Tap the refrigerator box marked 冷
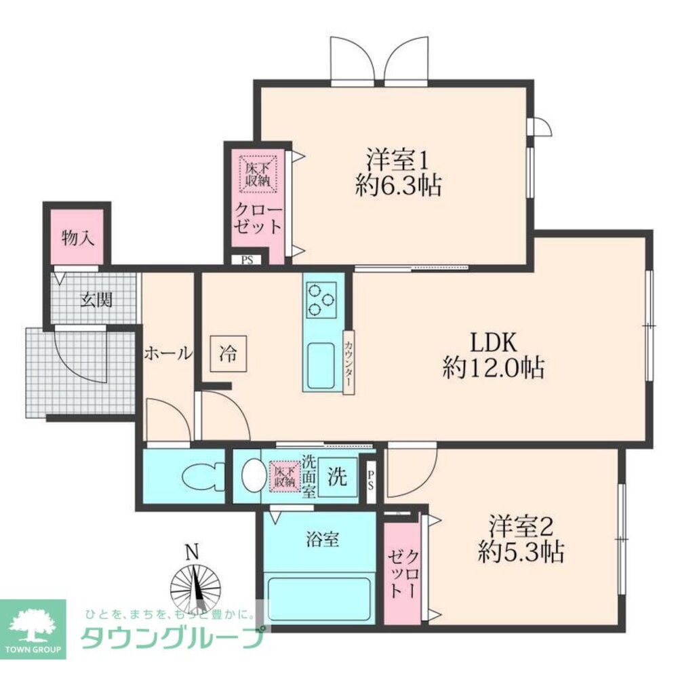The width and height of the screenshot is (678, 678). (228, 353)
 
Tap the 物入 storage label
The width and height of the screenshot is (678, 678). (77, 238)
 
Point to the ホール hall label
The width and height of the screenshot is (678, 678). (167, 353)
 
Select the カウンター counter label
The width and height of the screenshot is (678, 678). (348, 360)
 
